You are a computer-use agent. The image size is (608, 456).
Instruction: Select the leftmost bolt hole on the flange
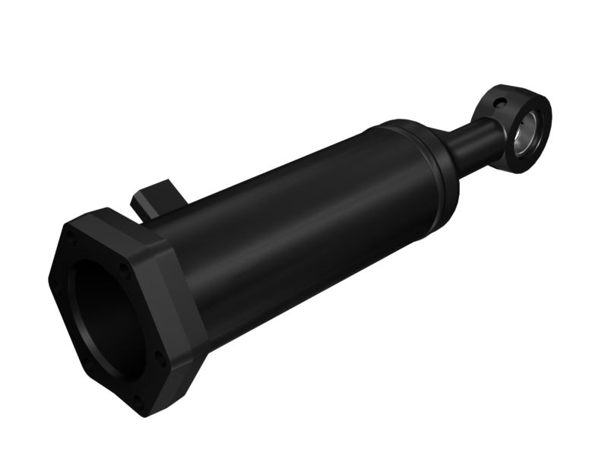click(x=53, y=285)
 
